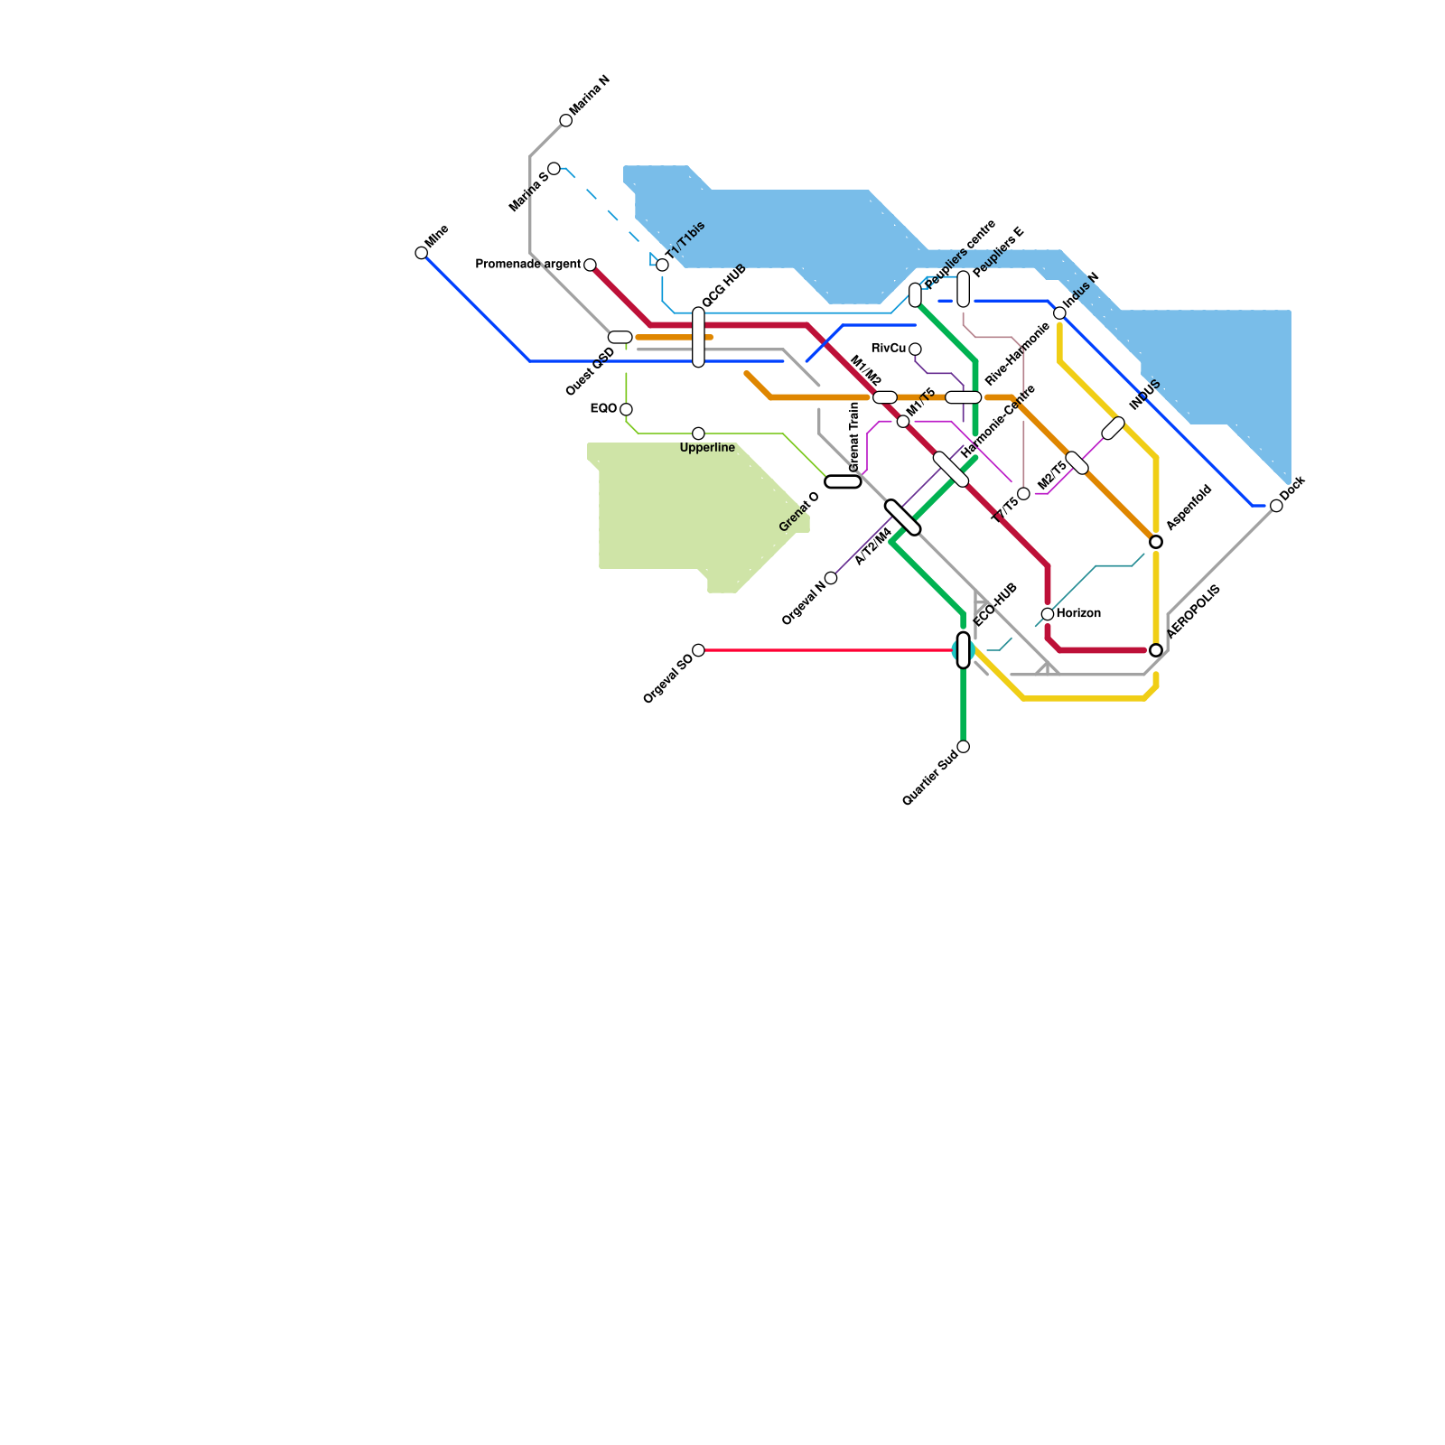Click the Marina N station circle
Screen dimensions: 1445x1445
click(565, 120)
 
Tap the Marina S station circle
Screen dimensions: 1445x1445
click(554, 169)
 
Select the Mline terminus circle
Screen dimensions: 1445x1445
click(421, 253)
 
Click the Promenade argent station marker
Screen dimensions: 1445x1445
click(590, 265)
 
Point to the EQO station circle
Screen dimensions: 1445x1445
click(626, 409)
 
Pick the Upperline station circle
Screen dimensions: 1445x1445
click(698, 433)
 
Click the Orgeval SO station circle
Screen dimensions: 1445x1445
click(698, 650)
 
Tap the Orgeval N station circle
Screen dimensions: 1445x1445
click(831, 578)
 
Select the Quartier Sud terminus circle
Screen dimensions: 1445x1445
click(963, 746)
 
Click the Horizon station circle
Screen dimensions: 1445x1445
click(1048, 614)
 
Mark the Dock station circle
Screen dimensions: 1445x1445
click(1276, 506)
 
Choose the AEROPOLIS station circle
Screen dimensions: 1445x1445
click(1156, 650)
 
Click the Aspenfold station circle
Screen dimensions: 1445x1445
click(1156, 542)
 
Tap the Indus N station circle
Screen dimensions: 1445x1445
click(1059, 313)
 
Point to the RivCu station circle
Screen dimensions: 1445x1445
click(915, 350)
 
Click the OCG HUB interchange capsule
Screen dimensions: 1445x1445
click(698, 337)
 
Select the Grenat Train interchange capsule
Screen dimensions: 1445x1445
click(843, 481)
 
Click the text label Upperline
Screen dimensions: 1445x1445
click(707, 448)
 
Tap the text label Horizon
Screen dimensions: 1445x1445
click(1078, 613)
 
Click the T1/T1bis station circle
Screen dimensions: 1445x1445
click(662, 265)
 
